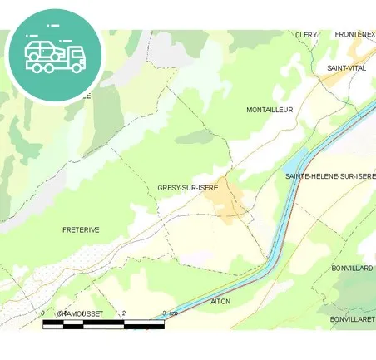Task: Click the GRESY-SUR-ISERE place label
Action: [x=187, y=188]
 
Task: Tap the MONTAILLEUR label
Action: [x=270, y=110]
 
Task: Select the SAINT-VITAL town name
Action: [x=346, y=67]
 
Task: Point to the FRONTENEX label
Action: [x=354, y=34]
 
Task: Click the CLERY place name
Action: [x=306, y=35]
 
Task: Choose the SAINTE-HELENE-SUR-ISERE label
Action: [x=330, y=176]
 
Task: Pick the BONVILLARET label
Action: [x=352, y=319]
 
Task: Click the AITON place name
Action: [x=220, y=301]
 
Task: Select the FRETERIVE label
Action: [x=81, y=229]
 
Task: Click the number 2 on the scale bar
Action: [x=124, y=313]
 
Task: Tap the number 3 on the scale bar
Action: [x=165, y=313]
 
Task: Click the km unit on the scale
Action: [x=174, y=313]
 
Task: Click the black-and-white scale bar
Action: [x=103, y=324]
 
